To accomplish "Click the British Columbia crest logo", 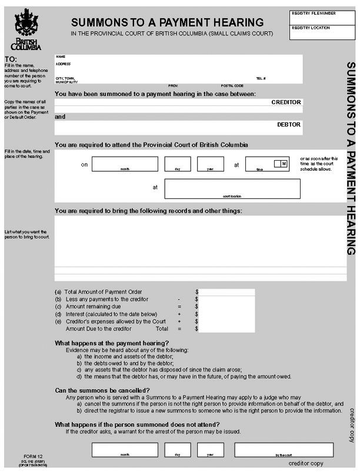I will pyautogui.click(x=26, y=29).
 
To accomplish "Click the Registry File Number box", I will pyautogui.click(x=322, y=16).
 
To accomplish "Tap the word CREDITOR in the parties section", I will pyautogui.click(x=286, y=102).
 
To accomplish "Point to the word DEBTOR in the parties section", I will pyautogui.click(x=289, y=125).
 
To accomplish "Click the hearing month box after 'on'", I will pyautogui.click(x=125, y=164).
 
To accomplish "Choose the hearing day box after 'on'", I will pyautogui.click(x=178, y=164).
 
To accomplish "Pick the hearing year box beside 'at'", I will pyautogui.click(x=210, y=164).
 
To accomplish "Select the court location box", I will pyautogui.click(x=232, y=188).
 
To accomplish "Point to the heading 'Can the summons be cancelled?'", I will pyautogui.click(x=102, y=390).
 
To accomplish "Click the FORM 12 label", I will pyautogui.click(x=28, y=456).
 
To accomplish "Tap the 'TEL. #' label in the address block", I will pyautogui.click(x=261, y=78).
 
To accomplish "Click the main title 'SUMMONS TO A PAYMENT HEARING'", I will pyautogui.click(x=168, y=22).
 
